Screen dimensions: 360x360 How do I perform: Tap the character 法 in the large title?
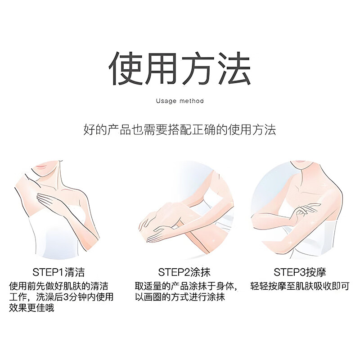(233, 68)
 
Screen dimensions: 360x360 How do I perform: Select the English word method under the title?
(192, 101)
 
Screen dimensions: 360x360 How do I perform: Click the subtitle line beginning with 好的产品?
(180, 130)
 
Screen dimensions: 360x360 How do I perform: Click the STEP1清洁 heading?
(58, 272)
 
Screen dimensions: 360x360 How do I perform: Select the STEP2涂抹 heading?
(184, 272)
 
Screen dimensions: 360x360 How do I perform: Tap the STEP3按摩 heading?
(300, 272)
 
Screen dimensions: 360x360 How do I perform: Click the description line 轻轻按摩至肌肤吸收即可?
(300, 286)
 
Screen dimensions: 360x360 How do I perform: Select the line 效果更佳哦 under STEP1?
(31, 308)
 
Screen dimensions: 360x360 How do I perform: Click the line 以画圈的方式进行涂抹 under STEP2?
(180, 297)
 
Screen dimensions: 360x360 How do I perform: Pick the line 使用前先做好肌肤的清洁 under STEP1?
(58, 286)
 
